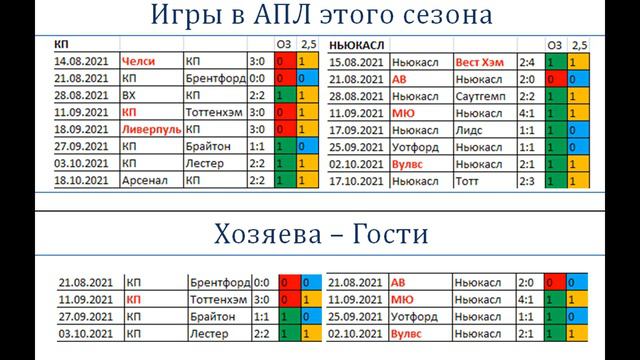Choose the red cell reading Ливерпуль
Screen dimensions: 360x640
point(152,129)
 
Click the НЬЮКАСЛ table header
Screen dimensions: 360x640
point(359,45)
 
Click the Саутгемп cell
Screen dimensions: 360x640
point(485,95)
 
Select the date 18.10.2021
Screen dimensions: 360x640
point(86,181)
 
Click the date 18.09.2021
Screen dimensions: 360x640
point(86,129)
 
